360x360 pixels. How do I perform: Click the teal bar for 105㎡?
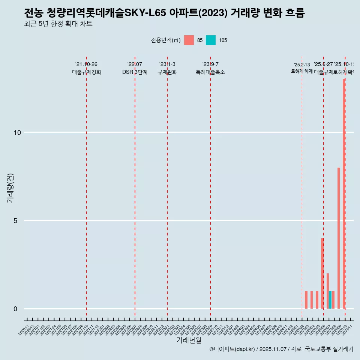(x=330, y=300)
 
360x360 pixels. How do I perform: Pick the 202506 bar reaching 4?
(x=322, y=273)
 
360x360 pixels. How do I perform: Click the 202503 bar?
(x=306, y=300)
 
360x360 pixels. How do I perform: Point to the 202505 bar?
(x=317, y=300)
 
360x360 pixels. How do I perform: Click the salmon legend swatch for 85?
(x=189, y=40)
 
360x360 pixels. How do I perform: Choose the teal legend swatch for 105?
(x=211, y=40)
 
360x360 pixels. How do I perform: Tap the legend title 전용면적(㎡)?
(x=165, y=40)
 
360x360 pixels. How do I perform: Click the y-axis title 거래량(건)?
(x=10, y=188)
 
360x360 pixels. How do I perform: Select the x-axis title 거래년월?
(x=189, y=340)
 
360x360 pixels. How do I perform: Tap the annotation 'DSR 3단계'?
(x=135, y=72)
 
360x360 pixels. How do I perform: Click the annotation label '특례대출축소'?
(x=210, y=72)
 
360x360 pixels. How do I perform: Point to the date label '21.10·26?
(x=86, y=64)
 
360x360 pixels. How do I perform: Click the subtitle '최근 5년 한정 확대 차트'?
(x=58, y=24)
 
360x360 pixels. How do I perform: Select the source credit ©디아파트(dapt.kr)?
(x=232, y=349)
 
